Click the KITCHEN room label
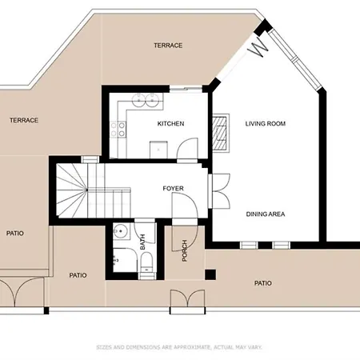(171, 124)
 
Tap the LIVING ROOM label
(266, 124)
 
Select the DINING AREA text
(266, 214)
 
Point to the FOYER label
(173, 189)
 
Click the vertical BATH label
(143, 242)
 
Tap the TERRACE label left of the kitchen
(24, 120)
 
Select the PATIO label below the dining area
(262, 283)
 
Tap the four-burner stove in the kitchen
(121, 126)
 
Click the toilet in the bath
(145, 270)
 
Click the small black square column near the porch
(210, 275)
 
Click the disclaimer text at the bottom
(179, 348)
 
